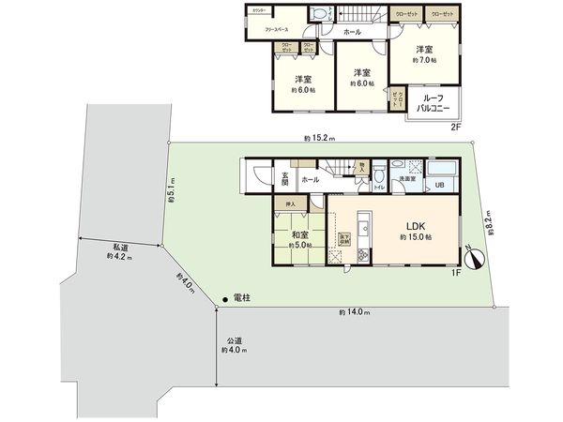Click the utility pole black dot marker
coord(225,299)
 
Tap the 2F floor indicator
coord(457,127)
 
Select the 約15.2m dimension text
coord(319,139)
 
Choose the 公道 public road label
coord(234,343)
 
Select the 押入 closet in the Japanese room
coord(291,203)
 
